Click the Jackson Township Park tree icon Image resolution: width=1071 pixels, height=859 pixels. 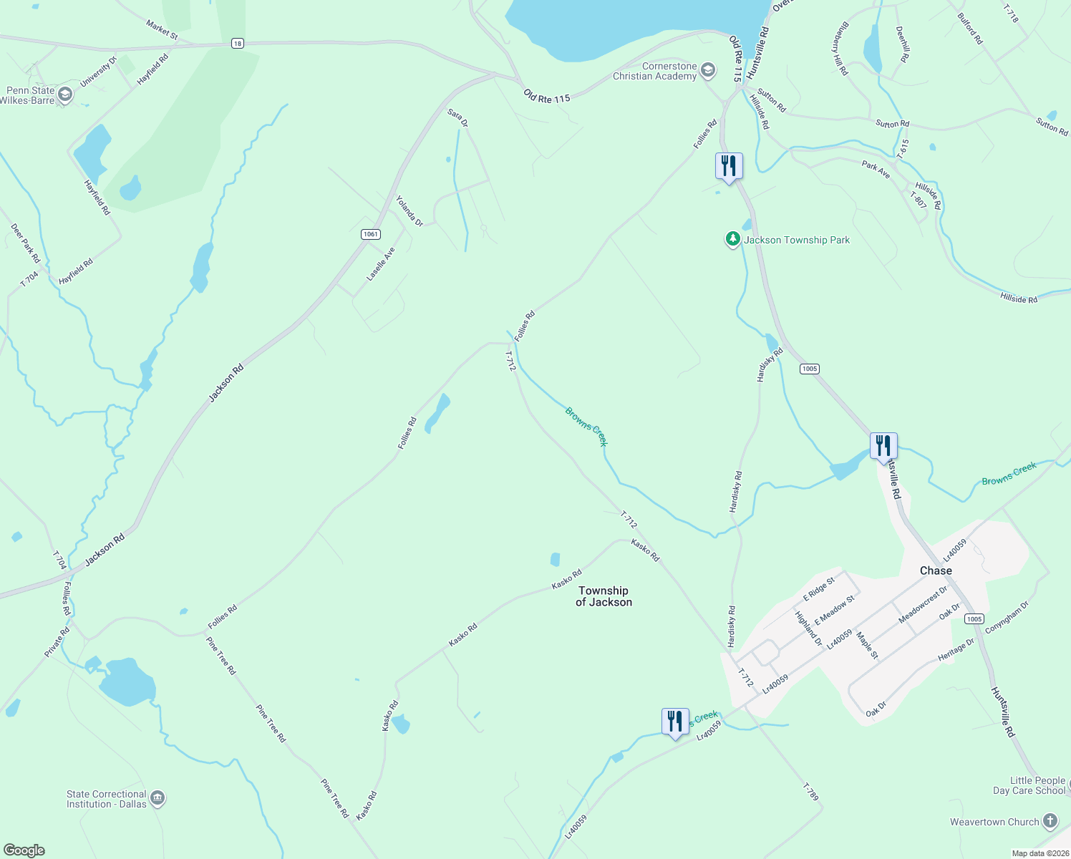click(732, 239)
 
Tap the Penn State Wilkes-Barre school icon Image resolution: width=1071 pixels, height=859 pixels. click(65, 94)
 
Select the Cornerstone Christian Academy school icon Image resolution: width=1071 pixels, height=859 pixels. click(708, 70)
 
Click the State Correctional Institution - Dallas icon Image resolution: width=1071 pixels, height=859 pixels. click(157, 798)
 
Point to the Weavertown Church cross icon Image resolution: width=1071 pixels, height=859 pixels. click(1050, 821)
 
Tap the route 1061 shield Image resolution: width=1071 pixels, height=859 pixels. click(370, 234)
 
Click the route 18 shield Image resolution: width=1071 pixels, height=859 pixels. click(237, 44)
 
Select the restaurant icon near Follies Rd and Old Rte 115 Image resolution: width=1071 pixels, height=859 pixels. click(729, 166)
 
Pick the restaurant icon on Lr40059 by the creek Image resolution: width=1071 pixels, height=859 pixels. click(675, 722)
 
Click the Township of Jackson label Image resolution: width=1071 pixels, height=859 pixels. click(604, 596)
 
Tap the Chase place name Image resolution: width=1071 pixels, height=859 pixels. click(936, 571)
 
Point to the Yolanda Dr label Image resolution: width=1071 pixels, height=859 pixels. click(409, 211)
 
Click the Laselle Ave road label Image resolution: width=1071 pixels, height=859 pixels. click(381, 264)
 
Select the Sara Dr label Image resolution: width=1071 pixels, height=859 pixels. click(457, 118)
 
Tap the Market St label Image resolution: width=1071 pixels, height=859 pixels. click(162, 29)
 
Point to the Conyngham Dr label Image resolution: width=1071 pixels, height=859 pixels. click(1007, 617)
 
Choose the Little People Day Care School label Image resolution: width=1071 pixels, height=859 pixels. click(1029, 785)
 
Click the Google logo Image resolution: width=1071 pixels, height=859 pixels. click(24, 850)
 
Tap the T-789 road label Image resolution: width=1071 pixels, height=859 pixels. click(810, 792)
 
